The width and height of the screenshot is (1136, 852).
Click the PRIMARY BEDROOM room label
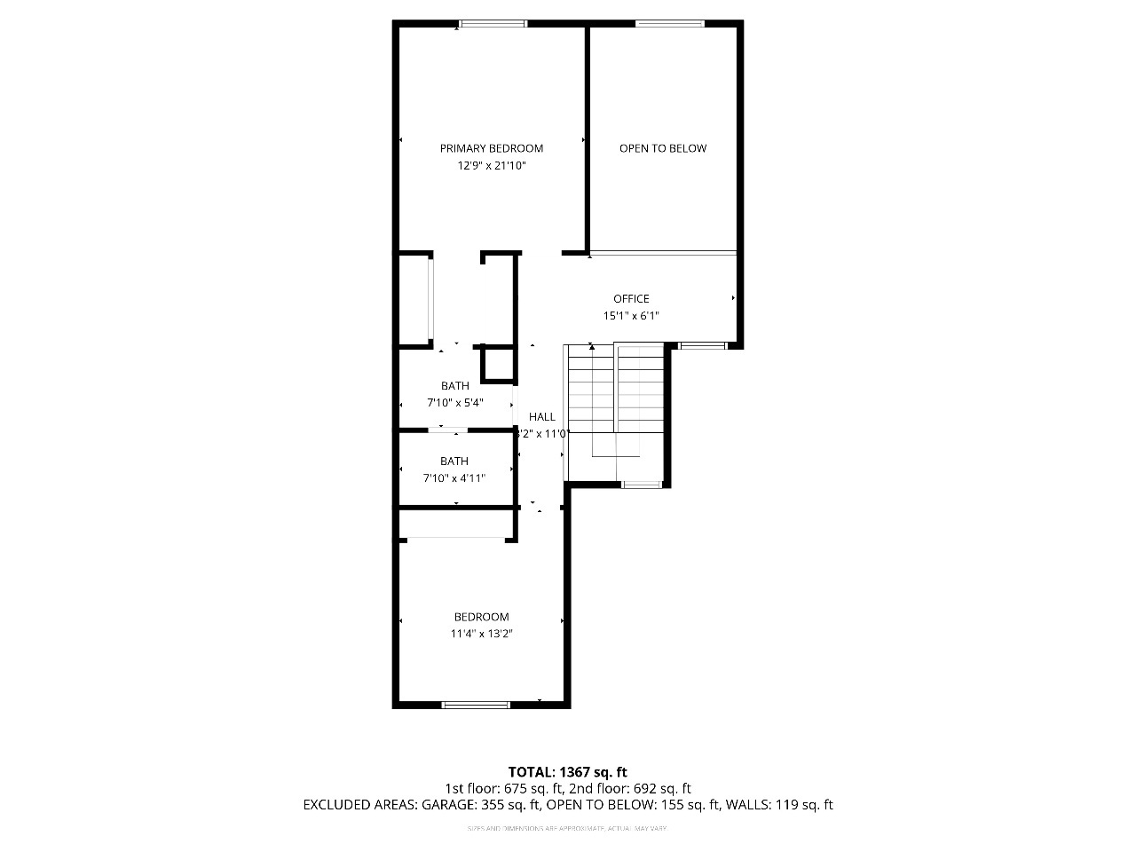[491, 148]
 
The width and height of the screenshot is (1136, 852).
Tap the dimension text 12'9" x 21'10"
[491, 165]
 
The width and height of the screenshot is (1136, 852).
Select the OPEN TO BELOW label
[663, 148]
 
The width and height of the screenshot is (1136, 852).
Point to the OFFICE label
[631, 299]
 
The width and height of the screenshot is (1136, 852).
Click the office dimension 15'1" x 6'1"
[631, 315]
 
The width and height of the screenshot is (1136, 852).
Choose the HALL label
[542, 416]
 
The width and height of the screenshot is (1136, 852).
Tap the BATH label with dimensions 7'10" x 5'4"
[455, 386]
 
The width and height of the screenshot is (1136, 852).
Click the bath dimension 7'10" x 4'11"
[455, 478]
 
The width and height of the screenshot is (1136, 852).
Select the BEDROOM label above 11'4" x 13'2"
[481, 617]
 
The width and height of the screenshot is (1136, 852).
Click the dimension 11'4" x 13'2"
[481, 634]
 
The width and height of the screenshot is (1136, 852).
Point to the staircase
[616, 399]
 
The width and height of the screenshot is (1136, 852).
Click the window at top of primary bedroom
[493, 24]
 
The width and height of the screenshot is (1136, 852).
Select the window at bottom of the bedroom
[477, 705]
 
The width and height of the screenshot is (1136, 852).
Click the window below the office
[702, 345]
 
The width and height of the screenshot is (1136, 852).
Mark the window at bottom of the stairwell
[642, 484]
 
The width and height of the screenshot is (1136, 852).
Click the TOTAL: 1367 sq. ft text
[567, 772]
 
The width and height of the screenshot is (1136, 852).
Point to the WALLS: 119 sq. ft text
[779, 805]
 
